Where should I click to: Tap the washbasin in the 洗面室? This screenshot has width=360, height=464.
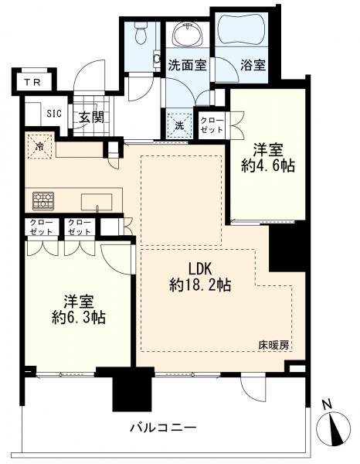click(x=186, y=34)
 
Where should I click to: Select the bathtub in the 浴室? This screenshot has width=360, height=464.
click(x=239, y=33)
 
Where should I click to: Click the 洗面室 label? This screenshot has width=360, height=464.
click(x=186, y=66)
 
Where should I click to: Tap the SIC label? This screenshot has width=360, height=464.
click(x=54, y=114)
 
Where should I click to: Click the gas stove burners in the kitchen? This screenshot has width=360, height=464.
click(x=43, y=201)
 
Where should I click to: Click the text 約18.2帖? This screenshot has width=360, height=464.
click(x=199, y=284)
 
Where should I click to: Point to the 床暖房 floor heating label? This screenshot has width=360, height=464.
click(x=277, y=346)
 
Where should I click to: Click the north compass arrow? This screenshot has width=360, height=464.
click(x=332, y=426)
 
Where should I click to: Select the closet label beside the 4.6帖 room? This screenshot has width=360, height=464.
click(x=212, y=125)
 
